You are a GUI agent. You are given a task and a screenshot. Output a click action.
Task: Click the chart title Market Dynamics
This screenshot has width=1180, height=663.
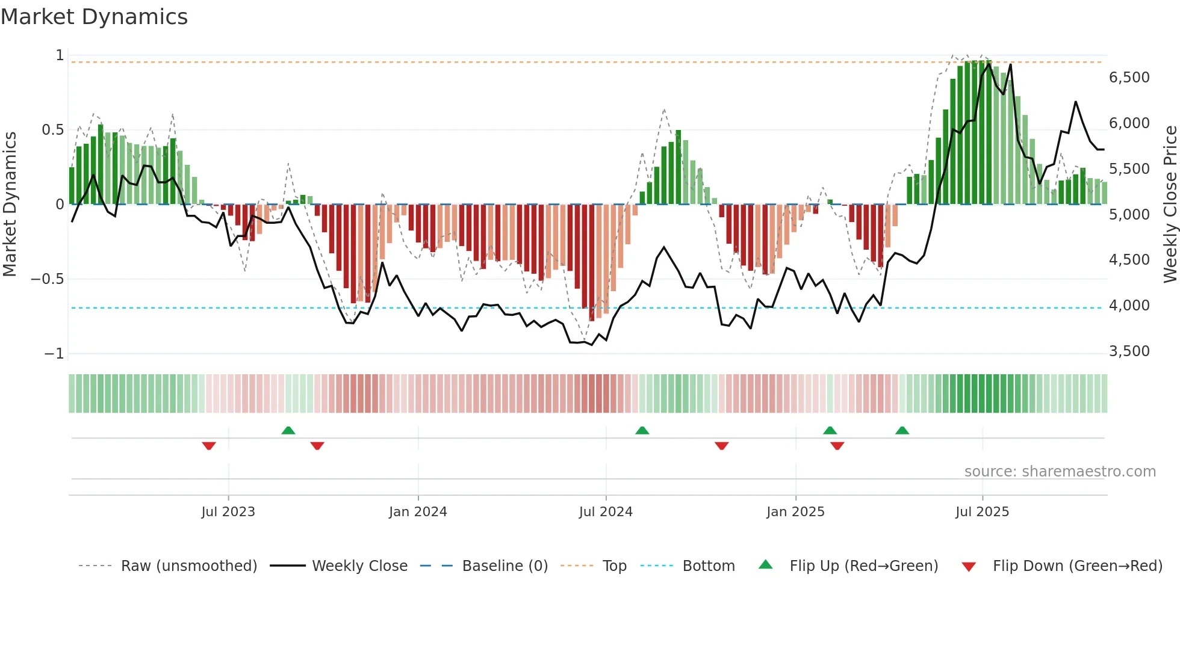click(x=94, y=17)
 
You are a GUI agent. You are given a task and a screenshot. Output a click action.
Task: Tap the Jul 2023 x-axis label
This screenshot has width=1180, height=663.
click(x=228, y=512)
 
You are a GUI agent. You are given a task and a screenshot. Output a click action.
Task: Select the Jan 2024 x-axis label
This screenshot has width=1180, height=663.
click(x=418, y=512)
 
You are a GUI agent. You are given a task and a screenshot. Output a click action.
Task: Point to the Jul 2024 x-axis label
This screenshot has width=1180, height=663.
click(x=606, y=512)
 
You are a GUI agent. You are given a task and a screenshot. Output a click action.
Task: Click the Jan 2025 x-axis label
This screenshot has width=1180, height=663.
click(x=795, y=512)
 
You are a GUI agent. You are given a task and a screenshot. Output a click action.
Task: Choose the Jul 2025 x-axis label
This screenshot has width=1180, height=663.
click(x=982, y=512)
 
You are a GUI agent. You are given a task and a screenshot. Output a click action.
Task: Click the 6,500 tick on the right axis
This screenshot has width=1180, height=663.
click(x=1129, y=78)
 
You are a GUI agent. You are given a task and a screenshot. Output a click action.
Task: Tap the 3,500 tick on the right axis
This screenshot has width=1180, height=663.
click(x=1129, y=351)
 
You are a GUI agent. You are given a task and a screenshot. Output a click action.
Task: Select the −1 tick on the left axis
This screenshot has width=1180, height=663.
click(x=54, y=354)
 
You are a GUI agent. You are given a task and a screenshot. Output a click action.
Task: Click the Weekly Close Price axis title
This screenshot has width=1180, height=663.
click(x=1170, y=205)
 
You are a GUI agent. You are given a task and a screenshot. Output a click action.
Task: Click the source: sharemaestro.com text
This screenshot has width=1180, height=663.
click(x=1060, y=472)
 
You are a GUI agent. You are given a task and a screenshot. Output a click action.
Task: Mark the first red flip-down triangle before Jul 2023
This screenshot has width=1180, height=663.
click(x=209, y=446)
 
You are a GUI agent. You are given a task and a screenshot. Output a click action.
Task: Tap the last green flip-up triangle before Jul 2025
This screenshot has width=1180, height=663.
click(x=902, y=430)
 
